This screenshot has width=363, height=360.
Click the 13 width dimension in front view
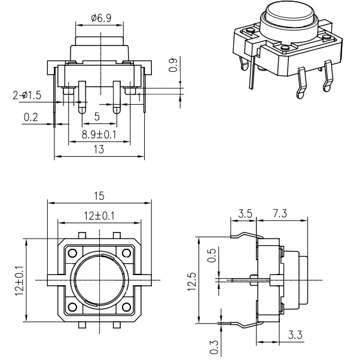point(99,150)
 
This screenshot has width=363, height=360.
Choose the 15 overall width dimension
point(99,195)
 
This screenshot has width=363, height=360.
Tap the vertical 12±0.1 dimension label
point(19,280)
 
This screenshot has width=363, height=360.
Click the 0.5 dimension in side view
point(211,256)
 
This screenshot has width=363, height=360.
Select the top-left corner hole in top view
point(72,252)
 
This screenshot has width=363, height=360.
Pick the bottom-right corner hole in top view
point(127,307)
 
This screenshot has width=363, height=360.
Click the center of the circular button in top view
point(99,280)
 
